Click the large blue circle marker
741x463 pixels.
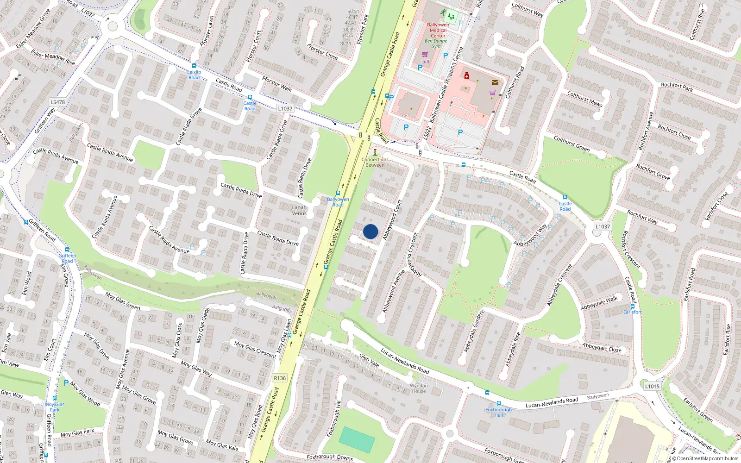point(370,231)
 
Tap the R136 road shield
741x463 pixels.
point(280,378)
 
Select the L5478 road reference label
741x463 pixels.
point(57,102)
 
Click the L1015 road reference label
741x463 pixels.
point(652,386)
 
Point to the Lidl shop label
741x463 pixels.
point(425,61)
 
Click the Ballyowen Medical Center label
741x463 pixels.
point(438,30)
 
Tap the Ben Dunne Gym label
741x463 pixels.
point(436,44)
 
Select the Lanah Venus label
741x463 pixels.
point(299,210)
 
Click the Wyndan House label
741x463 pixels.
point(419,388)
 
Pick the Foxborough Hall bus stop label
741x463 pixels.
point(498,412)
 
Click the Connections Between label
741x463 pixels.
point(375,162)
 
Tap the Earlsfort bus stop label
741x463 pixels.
point(632,312)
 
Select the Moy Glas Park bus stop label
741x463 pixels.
point(55,407)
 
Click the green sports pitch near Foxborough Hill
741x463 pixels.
point(357,440)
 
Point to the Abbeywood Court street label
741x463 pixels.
point(392,219)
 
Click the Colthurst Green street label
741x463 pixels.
point(571,144)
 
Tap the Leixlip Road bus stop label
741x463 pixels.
point(194,75)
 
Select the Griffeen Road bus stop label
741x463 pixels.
point(67,258)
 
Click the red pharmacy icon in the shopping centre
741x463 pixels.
point(467,75)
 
